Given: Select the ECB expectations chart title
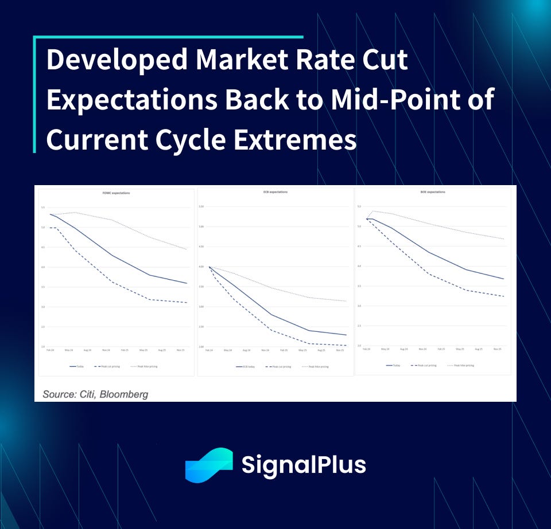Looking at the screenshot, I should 277,192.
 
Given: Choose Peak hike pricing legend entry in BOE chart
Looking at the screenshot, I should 463,365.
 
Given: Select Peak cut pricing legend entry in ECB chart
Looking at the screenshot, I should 280,366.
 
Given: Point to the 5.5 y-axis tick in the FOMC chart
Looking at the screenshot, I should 42,207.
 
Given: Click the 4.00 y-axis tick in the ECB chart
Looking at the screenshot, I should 201,267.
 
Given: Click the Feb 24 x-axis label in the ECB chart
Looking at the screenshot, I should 209,350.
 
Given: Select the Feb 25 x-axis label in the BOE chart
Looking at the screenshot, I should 441,348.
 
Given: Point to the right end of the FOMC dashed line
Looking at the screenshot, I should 187,303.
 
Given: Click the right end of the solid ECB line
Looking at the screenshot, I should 346,335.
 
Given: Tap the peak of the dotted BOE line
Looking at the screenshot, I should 375,211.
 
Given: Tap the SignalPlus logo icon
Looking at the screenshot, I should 208,465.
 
